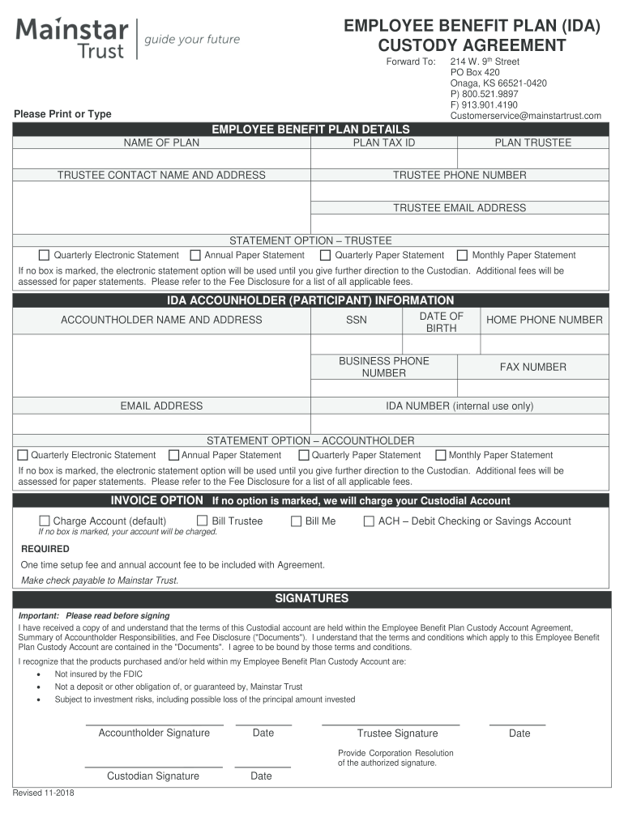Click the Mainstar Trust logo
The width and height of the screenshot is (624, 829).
click(71, 39)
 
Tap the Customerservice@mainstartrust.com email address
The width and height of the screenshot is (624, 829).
click(525, 116)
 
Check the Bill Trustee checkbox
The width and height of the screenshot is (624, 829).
click(203, 521)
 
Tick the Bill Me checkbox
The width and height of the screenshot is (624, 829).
click(296, 521)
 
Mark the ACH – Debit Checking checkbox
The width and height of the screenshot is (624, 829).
click(369, 521)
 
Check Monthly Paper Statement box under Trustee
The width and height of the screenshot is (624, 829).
click(463, 255)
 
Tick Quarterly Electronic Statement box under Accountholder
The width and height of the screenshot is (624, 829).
click(23, 455)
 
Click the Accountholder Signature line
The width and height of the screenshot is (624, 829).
click(154, 722)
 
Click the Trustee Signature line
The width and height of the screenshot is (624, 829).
click(391, 722)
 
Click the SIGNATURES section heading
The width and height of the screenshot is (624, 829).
click(311, 599)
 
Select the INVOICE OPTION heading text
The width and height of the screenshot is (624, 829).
click(157, 500)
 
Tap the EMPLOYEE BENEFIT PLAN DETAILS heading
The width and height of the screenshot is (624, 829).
click(310, 130)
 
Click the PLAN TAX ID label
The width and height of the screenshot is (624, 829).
click(384, 143)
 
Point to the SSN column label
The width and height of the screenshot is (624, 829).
click(357, 320)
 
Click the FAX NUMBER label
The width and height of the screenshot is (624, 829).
click(532, 368)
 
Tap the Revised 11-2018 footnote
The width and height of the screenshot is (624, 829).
click(44, 793)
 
